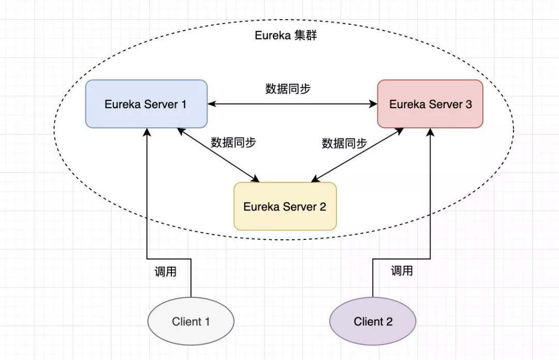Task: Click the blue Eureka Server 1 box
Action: [x=146, y=104]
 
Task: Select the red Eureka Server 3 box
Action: [x=430, y=104]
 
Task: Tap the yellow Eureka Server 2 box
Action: [x=285, y=206]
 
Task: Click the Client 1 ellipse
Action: [x=191, y=321]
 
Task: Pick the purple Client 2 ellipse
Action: [x=373, y=321]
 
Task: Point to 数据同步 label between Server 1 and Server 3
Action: [x=288, y=89]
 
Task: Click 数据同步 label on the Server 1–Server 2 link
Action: [x=233, y=142]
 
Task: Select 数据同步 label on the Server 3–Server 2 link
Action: [x=344, y=143]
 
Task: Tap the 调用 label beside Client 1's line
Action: [x=166, y=271]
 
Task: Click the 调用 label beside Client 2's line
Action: [x=402, y=270]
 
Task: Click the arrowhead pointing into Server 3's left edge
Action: [x=374, y=104]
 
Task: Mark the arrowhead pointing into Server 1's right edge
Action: [x=211, y=104]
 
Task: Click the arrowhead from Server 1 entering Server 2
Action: [x=255, y=179]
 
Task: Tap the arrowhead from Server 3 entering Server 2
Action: [x=314, y=179]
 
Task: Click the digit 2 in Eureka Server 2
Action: [x=322, y=207]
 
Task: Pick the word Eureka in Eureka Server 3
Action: [x=407, y=104]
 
